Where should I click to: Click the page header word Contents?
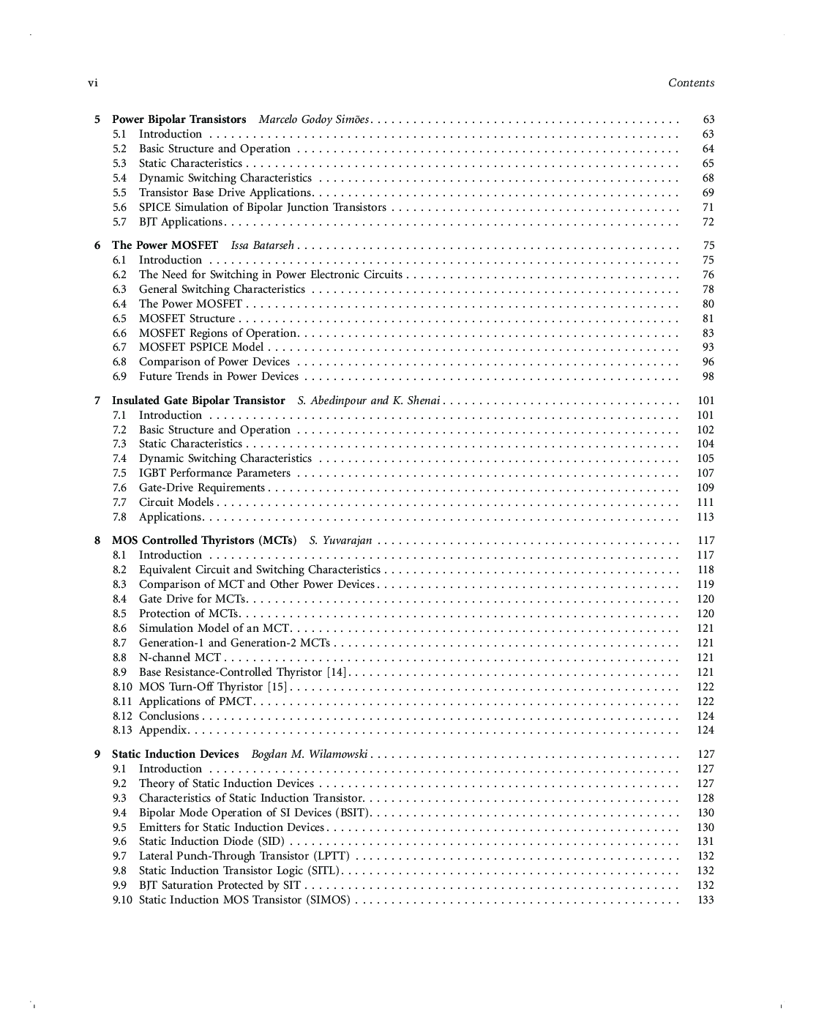tap(691, 83)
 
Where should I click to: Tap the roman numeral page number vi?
tap(93, 83)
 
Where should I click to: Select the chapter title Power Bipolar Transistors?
tap(179, 119)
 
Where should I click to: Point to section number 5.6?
tap(119, 207)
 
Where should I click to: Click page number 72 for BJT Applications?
tap(708, 222)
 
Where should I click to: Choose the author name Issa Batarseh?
tap(262, 245)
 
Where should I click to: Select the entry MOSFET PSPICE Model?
tap(201, 347)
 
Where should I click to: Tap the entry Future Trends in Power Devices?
tap(219, 376)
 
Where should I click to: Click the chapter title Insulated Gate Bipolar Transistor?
tap(198, 400)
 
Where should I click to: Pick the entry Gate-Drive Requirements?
tap(202, 488)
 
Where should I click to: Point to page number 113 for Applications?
tap(705, 517)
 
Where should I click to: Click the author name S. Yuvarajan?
tap(340, 540)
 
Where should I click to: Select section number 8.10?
tap(122, 687)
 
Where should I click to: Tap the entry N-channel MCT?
tap(180, 657)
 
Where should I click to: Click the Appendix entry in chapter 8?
tap(162, 730)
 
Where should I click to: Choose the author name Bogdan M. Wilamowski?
tap(309, 754)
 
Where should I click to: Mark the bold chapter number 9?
tap(97, 754)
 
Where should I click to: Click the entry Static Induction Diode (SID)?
tap(212, 841)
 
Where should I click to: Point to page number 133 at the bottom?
tap(705, 900)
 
